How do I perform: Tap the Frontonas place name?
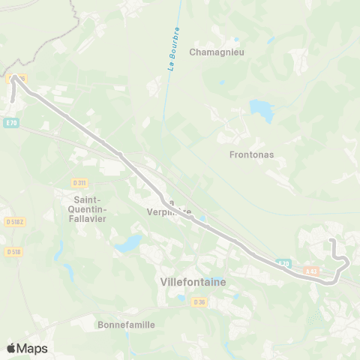pyautogui.click(x=251, y=155)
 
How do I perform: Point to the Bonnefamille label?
pyautogui.click(x=126, y=325)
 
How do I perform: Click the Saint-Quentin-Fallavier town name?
pyautogui.click(x=86, y=208)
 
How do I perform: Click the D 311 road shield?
pyautogui.click(x=79, y=182)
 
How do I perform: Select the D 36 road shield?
pyautogui.click(x=199, y=301)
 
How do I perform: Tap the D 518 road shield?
pyautogui.click(x=13, y=252)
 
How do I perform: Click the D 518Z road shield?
pyautogui.click(x=13, y=222)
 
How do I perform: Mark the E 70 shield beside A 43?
pyautogui.click(x=283, y=263)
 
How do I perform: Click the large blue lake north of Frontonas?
pyautogui.click(x=262, y=110)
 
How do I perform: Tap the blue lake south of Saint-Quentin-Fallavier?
pyautogui.click(x=128, y=244)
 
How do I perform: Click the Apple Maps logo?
pyautogui.click(x=26, y=348)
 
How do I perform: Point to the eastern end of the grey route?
pyautogui.click(x=332, y=240)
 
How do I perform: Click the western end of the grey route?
pyautogui.click(x=13, y=99)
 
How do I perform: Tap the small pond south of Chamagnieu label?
pyautogui.click(x=220, y=82)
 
